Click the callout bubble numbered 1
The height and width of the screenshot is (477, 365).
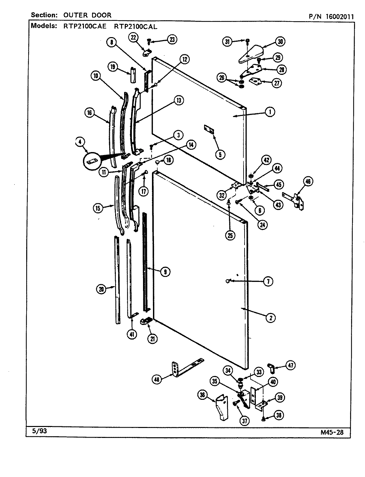270,112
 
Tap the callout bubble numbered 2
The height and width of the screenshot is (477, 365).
270,318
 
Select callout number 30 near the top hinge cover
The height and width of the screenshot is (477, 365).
280,42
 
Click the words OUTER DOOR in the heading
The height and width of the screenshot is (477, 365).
92,15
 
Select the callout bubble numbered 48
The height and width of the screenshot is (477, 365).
157,380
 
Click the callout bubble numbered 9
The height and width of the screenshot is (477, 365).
165,272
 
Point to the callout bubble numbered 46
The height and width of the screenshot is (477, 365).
308,182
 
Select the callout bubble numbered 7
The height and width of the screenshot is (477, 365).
268,282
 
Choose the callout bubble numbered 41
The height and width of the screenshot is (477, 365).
132,335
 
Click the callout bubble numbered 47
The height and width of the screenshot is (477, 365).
291,366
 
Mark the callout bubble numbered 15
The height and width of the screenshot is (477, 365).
98,208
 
